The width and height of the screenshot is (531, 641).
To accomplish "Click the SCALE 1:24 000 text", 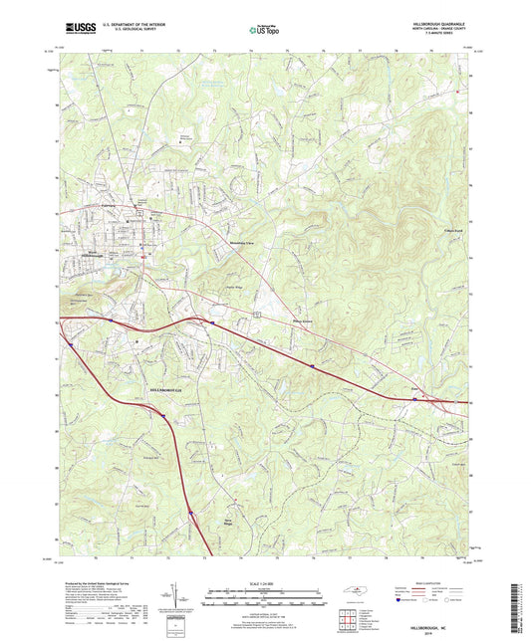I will click(264, 582).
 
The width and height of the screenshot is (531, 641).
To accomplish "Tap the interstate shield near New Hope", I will click(189, 515).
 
